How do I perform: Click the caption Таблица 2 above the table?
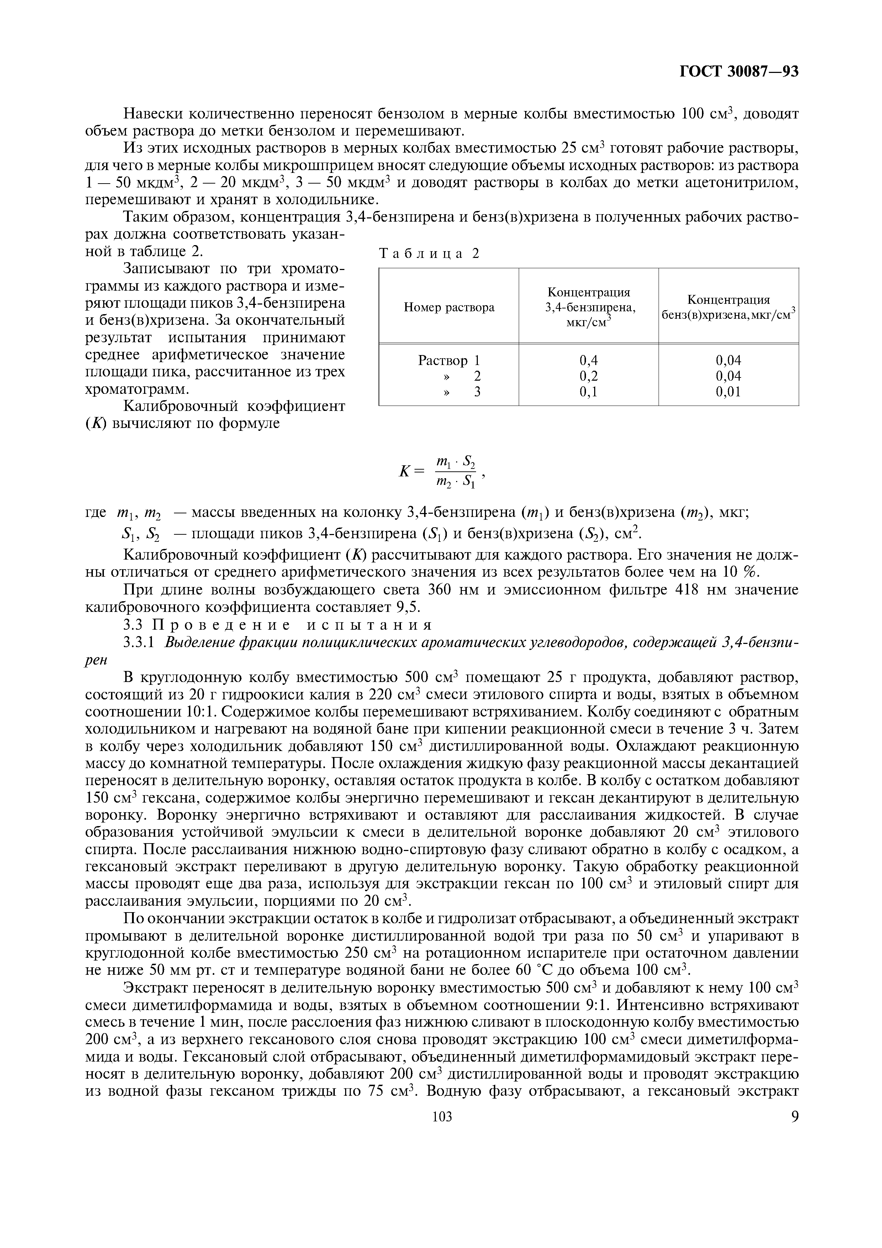click(429, 253)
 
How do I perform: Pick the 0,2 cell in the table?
click(588, 376)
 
